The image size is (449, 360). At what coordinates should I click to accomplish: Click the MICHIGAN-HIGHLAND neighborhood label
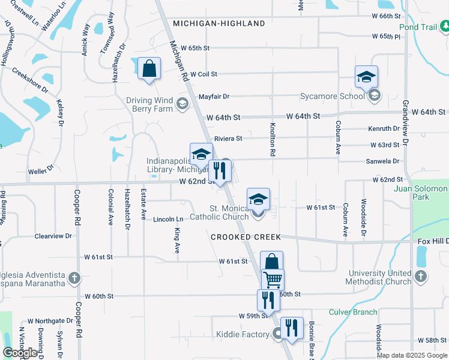tap(219, 23)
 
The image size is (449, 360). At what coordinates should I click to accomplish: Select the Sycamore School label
tap(333, 96)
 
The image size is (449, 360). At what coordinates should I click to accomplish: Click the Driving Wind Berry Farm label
tap(149, 104)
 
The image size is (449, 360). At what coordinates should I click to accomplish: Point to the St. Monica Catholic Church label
tap(219, 212)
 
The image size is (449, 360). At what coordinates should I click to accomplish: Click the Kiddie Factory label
tap(243, 334)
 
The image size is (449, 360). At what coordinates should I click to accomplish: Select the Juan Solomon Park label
tap(421, 193)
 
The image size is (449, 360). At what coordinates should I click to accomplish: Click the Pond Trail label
tap(419, 28)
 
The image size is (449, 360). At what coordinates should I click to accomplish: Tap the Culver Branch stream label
tap(353, 312)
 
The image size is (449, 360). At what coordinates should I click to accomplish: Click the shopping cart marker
tap(273, 279)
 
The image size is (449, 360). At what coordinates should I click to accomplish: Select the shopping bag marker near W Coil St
tap(149, 68)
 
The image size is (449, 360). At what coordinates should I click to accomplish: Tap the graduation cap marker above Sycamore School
tap(366, 76)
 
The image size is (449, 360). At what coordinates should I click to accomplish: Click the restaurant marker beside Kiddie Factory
tap(292, 328)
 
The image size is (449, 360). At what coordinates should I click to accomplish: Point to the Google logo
tap(20, 353)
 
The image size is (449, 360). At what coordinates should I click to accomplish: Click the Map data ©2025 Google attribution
tap(412, 355)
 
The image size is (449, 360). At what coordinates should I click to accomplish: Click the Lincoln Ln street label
tap(167, 220)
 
